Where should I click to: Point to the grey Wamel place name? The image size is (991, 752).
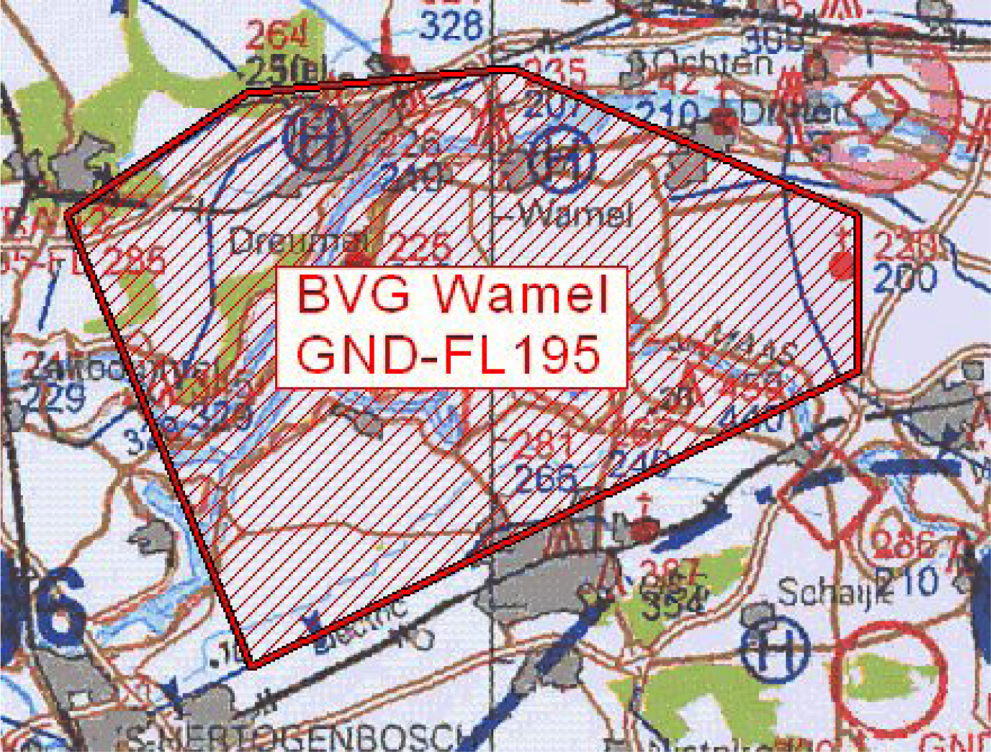[x=576, y=214]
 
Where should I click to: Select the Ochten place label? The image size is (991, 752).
[x=709, y=64]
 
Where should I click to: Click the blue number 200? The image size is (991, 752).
[x=905, y=278]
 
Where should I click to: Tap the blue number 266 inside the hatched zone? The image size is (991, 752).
[x=546, y=478]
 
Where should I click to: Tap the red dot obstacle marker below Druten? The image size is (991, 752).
[x=840, y=265]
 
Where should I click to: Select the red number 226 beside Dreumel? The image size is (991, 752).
[x=420, y=246]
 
